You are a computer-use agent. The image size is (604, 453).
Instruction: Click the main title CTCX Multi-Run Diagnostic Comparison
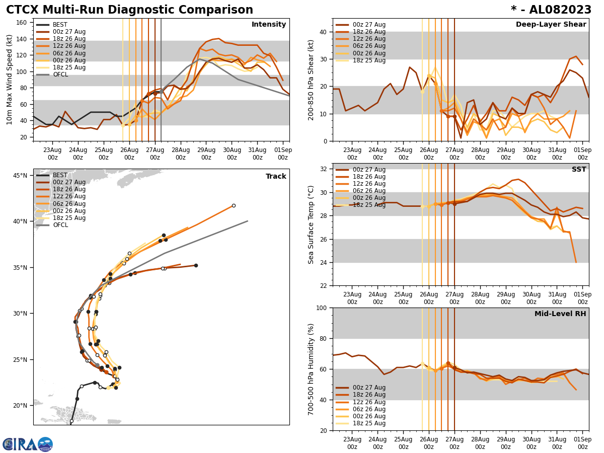point(129,10)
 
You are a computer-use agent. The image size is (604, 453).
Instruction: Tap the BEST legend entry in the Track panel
point(60,176)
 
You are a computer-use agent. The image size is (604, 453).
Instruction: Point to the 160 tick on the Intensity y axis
point(23,23)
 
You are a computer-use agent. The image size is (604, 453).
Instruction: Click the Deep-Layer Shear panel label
point(551,25)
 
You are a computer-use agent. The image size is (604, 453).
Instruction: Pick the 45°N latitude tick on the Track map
point(20,176)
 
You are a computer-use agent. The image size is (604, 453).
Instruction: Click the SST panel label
point(579,170)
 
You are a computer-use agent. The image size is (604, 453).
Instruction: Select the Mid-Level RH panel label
point(560,314)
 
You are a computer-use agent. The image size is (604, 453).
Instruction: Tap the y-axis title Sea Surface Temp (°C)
point(311,224)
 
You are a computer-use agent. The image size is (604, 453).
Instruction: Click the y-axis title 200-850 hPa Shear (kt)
point(311,80)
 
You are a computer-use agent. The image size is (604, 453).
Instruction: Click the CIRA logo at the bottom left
point(27,444)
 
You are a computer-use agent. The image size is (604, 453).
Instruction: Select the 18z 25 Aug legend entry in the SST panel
point(369,205)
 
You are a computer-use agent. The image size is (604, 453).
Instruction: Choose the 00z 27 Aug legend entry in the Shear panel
point(369,25)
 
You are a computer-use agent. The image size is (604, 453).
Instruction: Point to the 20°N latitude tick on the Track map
point(20,406)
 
